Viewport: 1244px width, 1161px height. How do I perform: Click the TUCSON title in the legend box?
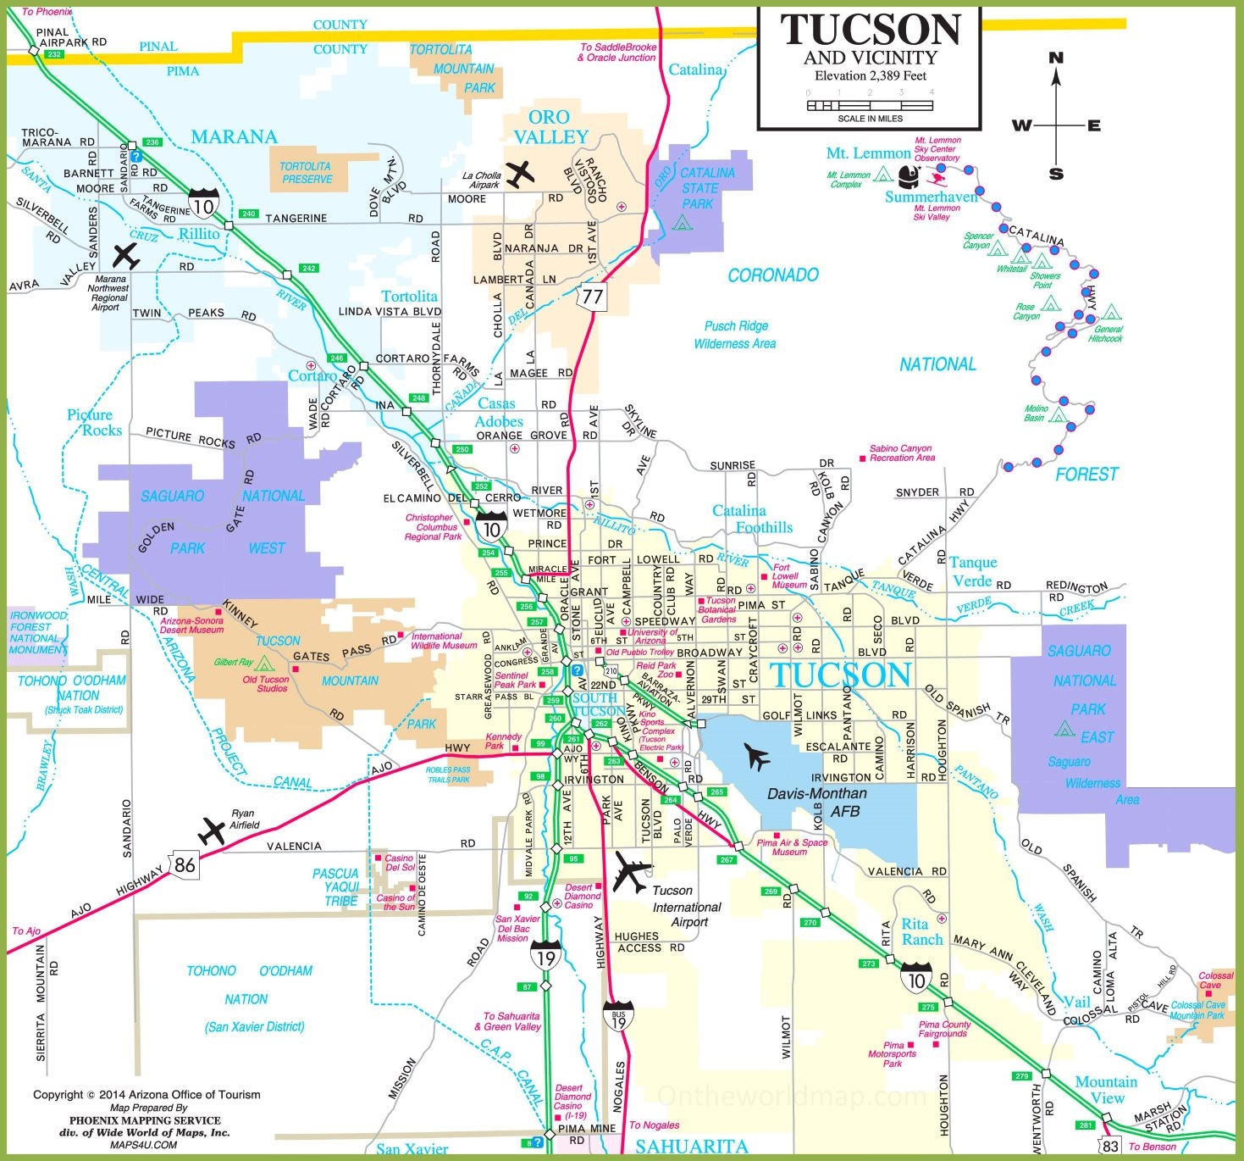tap(871, 31)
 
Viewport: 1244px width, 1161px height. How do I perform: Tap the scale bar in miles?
tap(870, 106)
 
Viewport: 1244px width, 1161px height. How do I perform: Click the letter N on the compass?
tap(1056, 58)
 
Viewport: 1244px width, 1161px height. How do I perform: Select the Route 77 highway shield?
tap(592, 297)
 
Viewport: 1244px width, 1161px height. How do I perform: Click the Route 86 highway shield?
tap(184, 864)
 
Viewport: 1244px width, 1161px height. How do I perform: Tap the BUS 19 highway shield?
tap(618, 1017)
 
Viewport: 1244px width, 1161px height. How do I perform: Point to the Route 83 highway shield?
tap(1109, 1146)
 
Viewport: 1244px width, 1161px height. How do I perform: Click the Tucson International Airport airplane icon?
tap(631, 872)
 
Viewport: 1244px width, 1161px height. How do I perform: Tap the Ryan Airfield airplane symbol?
tap(212, 830)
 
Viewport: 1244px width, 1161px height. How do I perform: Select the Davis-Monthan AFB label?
tap(816, 802)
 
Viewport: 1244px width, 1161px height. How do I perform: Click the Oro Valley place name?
tap(550, 127)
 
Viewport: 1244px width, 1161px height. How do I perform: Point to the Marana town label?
tap(234, 136)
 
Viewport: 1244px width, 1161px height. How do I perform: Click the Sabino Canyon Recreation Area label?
tap(902, 453)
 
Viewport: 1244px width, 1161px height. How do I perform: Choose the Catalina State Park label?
tap(701, 188)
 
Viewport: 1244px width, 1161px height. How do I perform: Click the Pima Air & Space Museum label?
tap(791, 847)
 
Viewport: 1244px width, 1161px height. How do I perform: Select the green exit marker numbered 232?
tap(54, 54)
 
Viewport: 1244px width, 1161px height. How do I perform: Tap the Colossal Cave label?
tap(1215, 980)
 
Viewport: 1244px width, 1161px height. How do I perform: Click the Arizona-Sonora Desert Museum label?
tap(192, 625)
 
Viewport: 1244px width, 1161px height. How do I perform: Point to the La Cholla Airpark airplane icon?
tap(520, 174)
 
